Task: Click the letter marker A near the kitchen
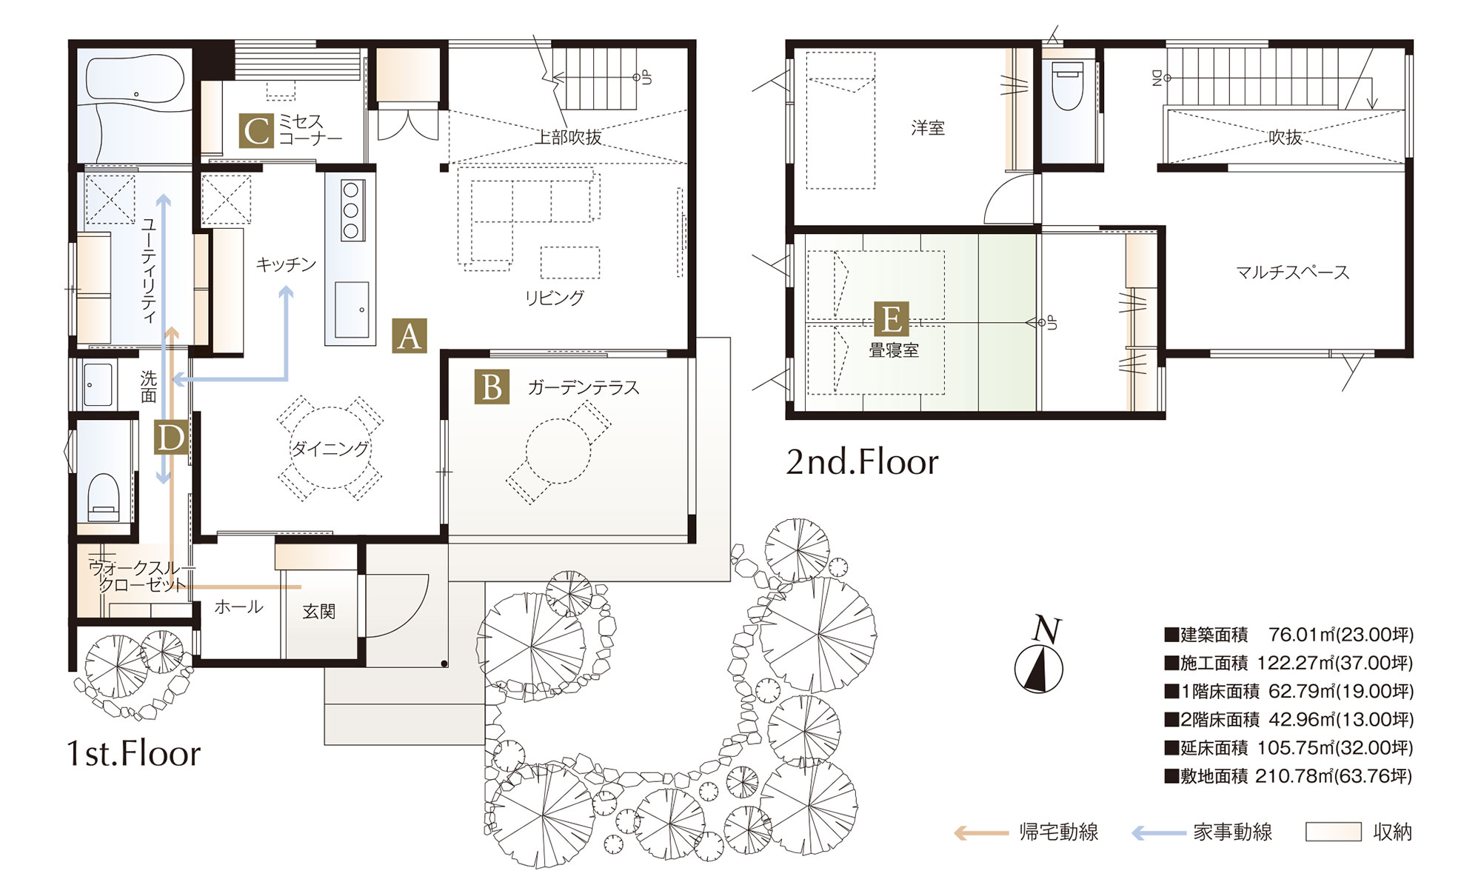tap(409, 336)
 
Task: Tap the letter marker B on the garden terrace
tap(492, 387)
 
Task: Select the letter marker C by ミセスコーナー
tap(256, 130)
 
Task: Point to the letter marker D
tap(170, 437)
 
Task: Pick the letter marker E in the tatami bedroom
tap(891, 318)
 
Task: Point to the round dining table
tap(330, 447)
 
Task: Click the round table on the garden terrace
tap(558, 451)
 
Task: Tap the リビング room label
tap(554, 298)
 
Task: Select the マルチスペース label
tap(1292, 273)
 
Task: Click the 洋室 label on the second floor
tap(928, 128)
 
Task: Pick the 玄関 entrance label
tap(319, 611)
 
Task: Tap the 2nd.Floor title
tap(862, 462)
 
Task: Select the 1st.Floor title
tap(133, 753)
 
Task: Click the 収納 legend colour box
tap(1333, 832)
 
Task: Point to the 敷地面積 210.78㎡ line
tap(1288, 776)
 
